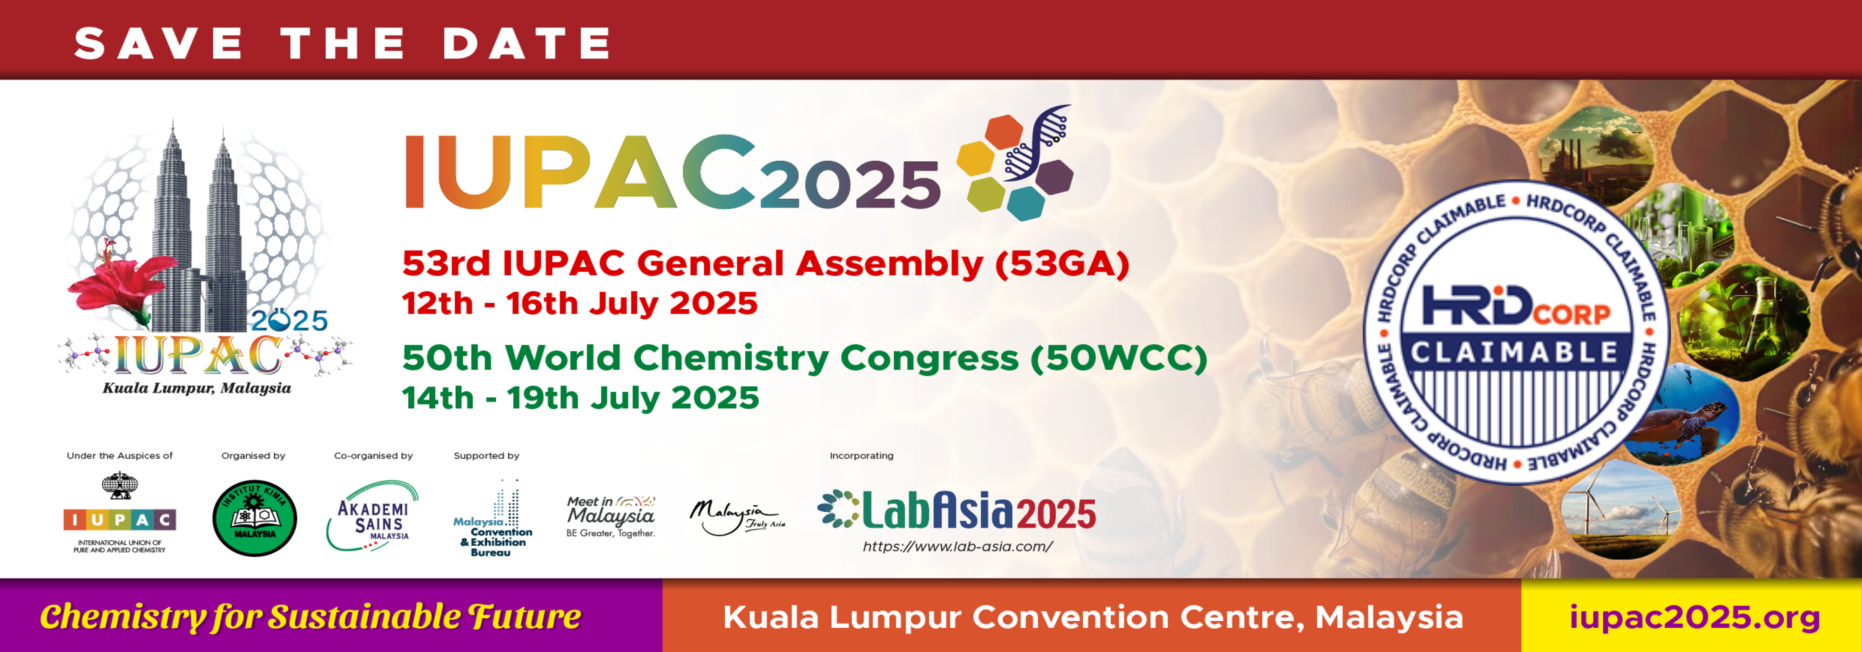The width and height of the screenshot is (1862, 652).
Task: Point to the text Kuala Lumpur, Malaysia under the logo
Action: pos(196,388)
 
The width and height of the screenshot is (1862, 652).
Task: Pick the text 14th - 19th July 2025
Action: pos(580,398)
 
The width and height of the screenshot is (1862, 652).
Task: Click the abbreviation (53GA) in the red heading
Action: pos(1062,263)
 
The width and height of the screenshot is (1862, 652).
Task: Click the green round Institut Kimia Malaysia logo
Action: pos(255,517)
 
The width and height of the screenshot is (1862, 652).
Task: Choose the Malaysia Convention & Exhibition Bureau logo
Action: pos(494,518)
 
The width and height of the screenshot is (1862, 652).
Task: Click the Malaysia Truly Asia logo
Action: pos(736,517)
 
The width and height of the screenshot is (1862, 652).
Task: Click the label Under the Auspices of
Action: pos(120,456)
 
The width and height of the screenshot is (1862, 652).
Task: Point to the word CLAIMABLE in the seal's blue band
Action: pos(1515,353)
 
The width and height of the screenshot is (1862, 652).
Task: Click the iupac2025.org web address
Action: pos(1695,617)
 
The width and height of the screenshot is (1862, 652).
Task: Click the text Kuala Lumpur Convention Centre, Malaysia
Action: pos(1093,617)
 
